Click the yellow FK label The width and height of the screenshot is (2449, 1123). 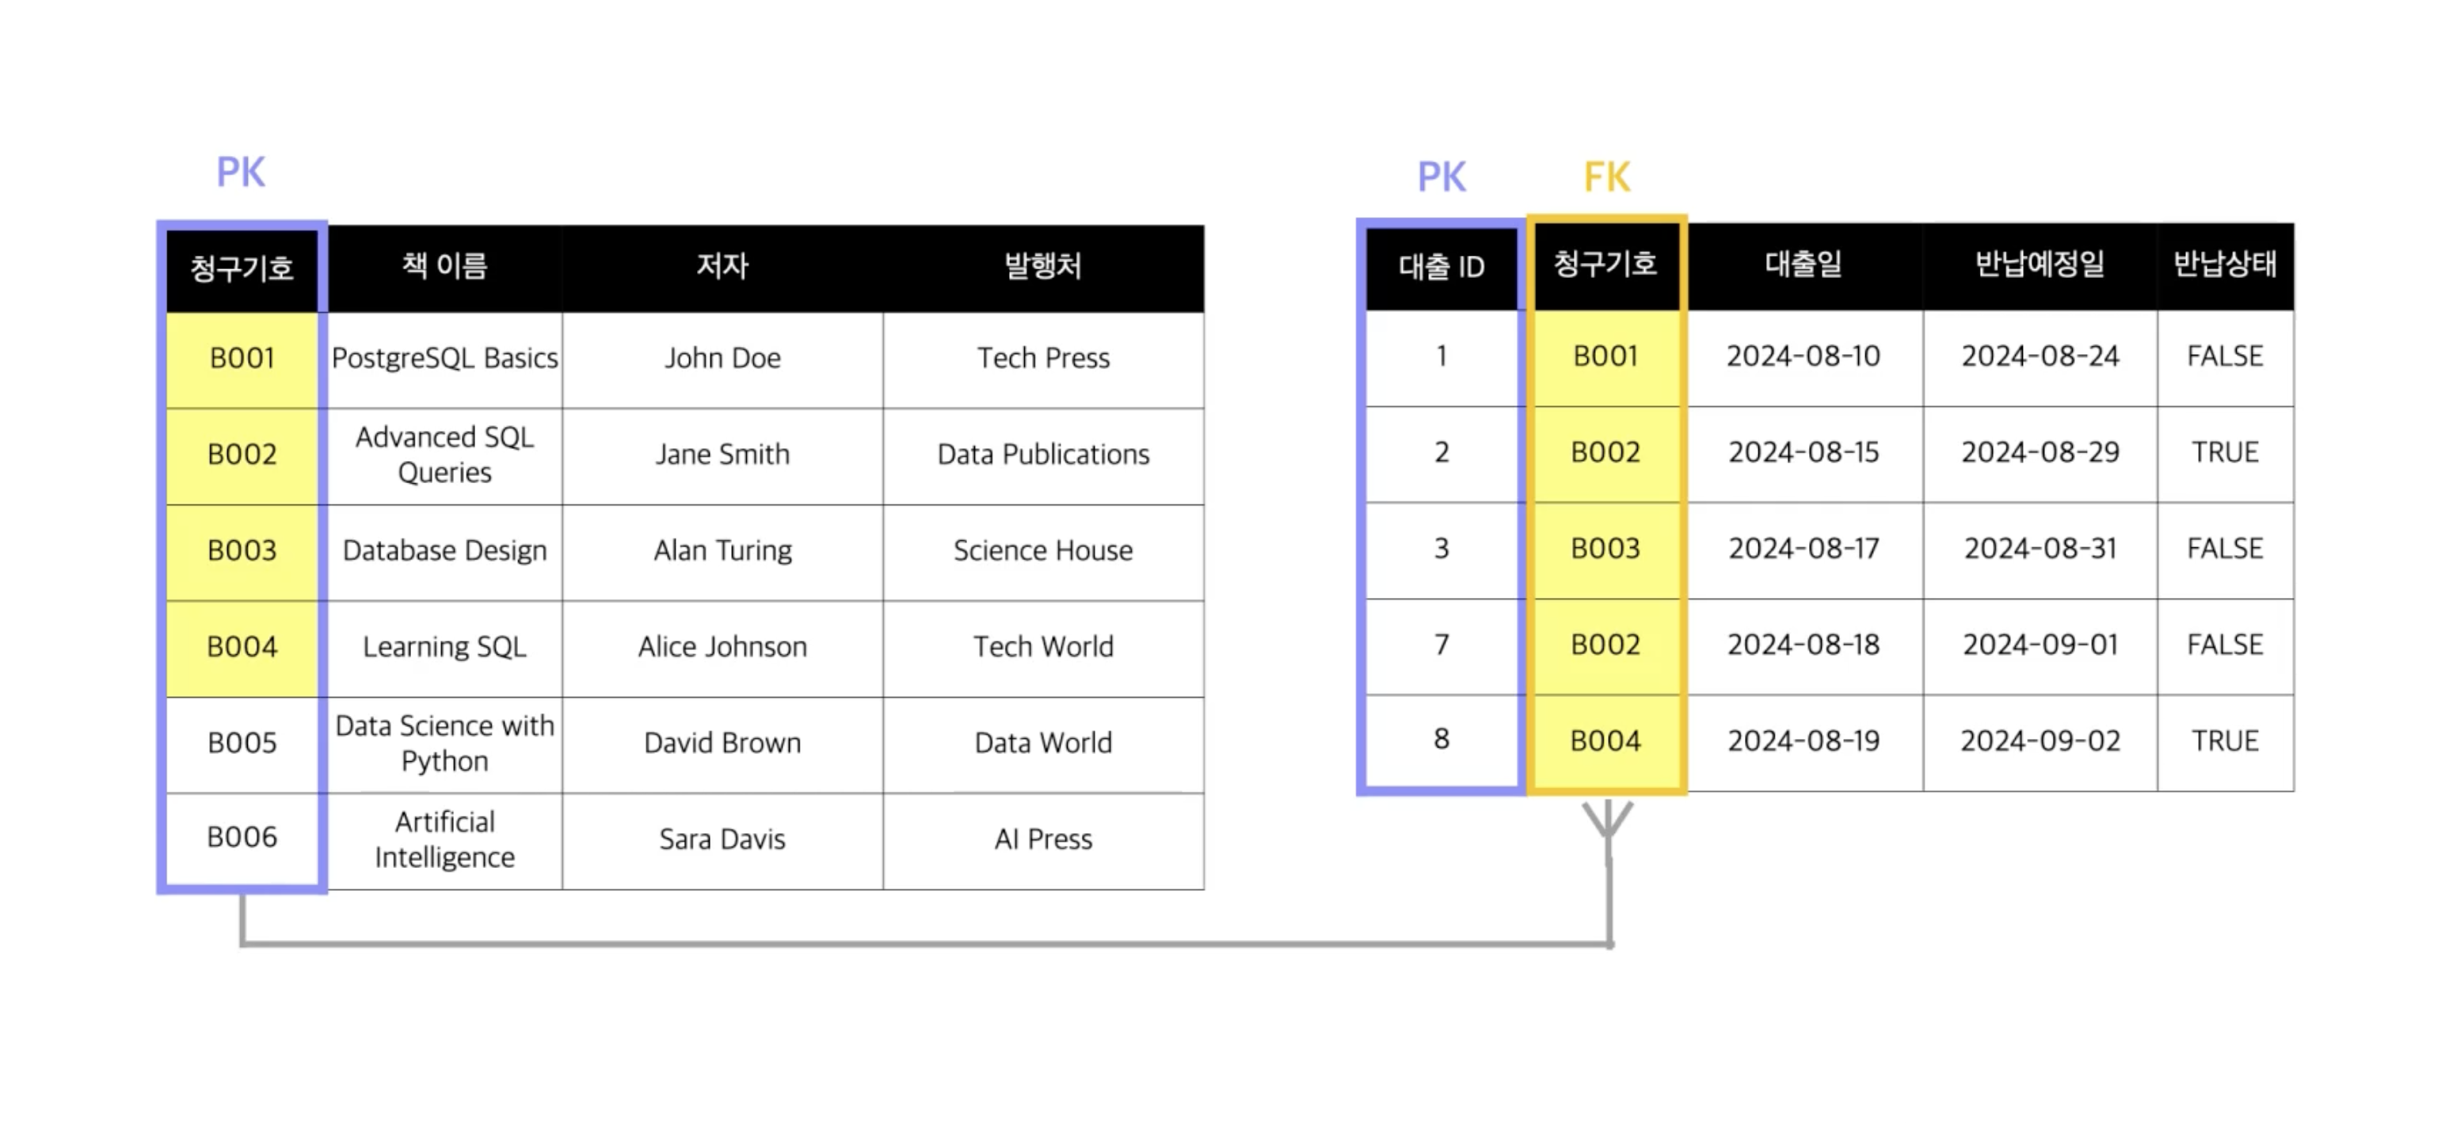1607,177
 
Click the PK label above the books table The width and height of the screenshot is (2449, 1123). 241,172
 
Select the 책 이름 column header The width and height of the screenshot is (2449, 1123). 444,265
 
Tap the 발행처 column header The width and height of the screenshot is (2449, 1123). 1043,265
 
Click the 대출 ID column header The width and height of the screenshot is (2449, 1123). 1442,266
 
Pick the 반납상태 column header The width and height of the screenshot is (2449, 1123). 2225,264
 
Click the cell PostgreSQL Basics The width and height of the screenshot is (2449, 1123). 444,359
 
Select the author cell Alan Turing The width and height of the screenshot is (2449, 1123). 722,550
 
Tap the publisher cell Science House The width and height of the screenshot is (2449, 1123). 1043,550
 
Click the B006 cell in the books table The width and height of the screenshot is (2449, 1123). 242,837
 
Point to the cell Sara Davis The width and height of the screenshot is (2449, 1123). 722,839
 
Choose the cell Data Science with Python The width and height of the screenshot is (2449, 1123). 444,743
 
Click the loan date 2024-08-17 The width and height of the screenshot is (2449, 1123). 1803,549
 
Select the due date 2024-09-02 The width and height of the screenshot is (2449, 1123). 2040,740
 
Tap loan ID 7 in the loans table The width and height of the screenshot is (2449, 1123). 1442,645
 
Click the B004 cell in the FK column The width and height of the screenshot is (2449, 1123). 1605,740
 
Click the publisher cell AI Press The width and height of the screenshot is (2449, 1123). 1043,839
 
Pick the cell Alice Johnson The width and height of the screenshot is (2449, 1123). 722,646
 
